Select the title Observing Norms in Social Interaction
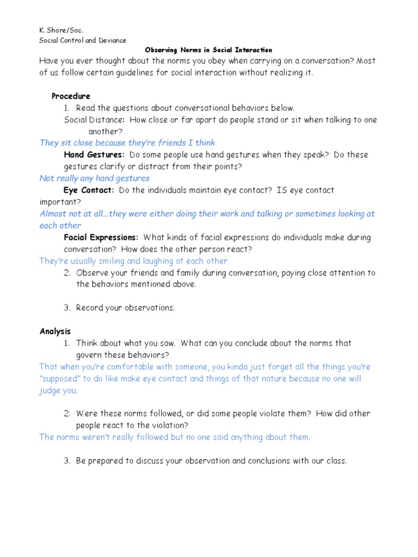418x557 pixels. (x=208, y=50)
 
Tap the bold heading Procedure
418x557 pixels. (x=71, y=96)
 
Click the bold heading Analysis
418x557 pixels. (x=55, y=331)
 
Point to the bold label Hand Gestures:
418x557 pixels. (x=94, y=155)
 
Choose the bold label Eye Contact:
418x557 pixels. (x=89, y=190)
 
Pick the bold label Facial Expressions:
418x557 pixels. (x=101, y=238)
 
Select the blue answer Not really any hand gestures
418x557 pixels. (x=95, y=178)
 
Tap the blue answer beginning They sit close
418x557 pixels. (x=127, y=143)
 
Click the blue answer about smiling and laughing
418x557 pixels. (x=133, y=261)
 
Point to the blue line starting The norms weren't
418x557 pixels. (x=175, y=437)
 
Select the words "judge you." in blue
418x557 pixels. (x=59, y=391)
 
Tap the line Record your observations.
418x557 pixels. (x=125, y=308)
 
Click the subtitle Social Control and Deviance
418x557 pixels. (x=83, y=40)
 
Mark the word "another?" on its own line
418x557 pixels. (x=106, y=132)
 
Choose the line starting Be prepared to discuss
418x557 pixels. (x=211, y=461)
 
